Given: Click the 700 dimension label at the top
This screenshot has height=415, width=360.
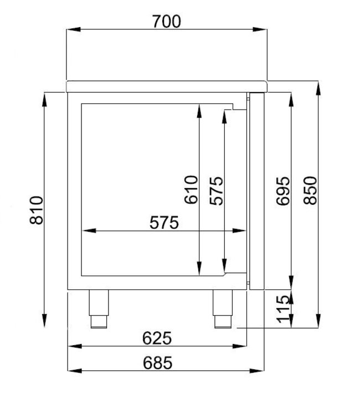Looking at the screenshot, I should click(x=166, y=21).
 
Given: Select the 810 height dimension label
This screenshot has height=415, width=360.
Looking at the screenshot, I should click(x=37, y=210).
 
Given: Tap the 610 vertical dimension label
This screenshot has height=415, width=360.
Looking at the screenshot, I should click(x=191, y=190).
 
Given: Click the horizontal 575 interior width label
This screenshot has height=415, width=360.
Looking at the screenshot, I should click(x=164, y=222).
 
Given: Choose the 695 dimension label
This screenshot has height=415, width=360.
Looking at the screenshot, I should click(x=282, y=191).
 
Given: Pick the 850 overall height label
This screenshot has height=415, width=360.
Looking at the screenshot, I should click(x=311, y=190).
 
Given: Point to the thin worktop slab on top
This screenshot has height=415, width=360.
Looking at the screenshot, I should click(x=166, y=86).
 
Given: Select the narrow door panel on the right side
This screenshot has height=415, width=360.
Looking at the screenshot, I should click(x=256, y=191).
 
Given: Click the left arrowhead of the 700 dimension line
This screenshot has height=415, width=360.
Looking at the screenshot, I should click(x=70, y=30).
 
